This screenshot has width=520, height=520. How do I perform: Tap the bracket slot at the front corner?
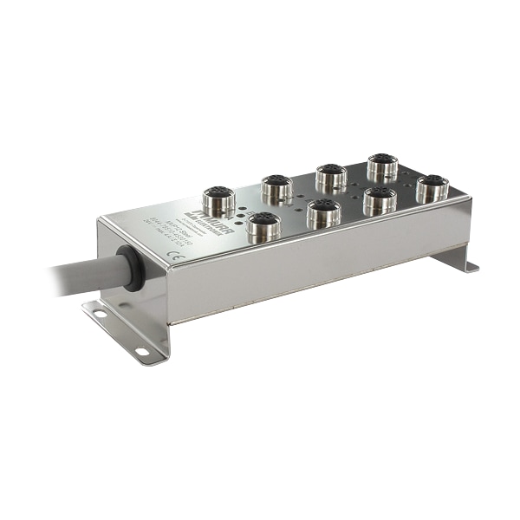tap(141, 351)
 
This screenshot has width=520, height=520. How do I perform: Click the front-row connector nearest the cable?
tap(263, 228)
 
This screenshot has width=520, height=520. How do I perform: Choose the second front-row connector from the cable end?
tap(323, 211)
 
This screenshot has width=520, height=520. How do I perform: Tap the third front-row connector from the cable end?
tap(380, 198)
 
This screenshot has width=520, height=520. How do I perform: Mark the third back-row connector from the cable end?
tap(331, 176)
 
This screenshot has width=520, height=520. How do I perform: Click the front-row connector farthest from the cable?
tap(432, 187)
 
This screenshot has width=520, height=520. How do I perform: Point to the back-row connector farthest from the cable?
tap(381, 166)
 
